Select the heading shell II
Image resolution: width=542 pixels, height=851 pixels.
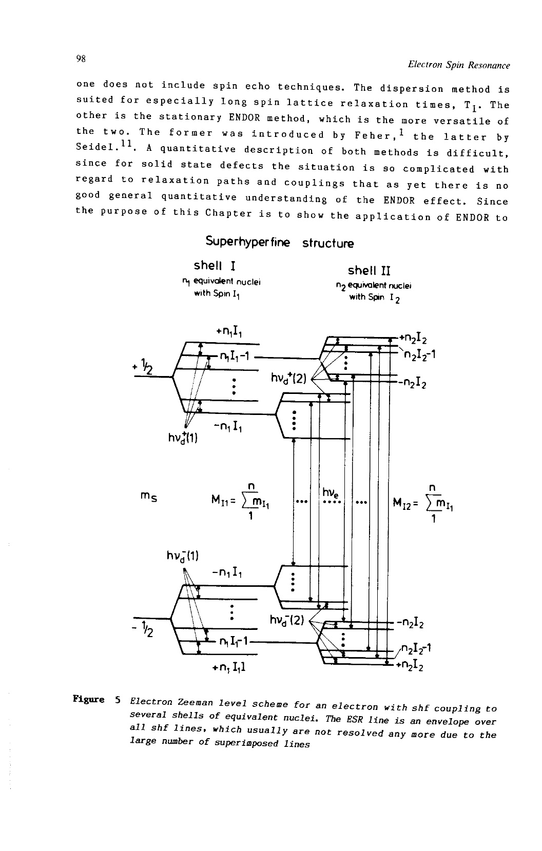[x=369, y=270]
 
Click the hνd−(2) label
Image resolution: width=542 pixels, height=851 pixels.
[x=287, y=621]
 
